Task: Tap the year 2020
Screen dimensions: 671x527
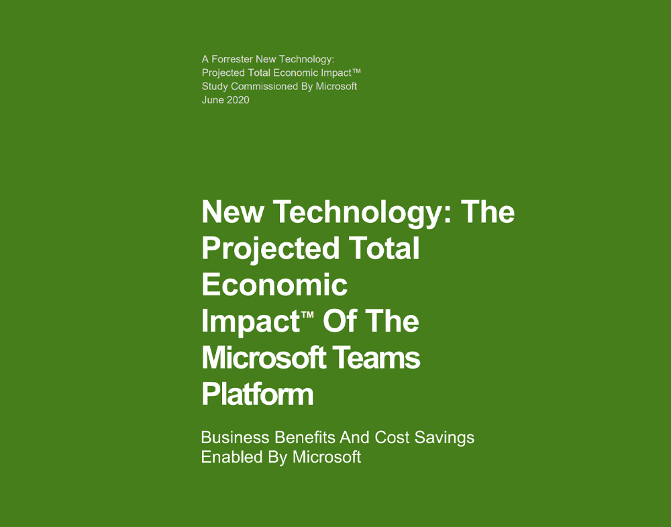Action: click(238, 100)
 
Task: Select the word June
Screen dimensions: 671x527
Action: click(213, 100)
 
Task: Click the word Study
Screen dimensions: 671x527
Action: click(215, 87)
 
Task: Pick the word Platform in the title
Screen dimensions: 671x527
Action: click(258, 394)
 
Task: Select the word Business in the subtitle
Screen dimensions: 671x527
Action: click(236, 438)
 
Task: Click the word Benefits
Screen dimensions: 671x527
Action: click(305, 438)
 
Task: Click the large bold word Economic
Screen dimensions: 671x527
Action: click(274, 285)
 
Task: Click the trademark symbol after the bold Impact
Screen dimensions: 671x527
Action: click(307, 315)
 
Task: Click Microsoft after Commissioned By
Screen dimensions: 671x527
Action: click(336, 86)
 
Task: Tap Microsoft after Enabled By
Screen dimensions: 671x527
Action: click(327, 457)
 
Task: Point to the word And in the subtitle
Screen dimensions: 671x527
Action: click(354, 438)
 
